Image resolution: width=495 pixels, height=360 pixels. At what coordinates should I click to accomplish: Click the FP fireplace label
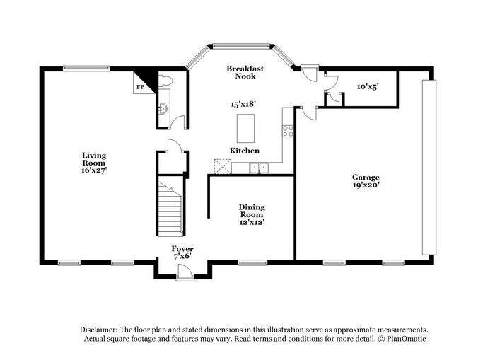140,87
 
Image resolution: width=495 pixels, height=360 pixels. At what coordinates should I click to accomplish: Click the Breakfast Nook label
245,72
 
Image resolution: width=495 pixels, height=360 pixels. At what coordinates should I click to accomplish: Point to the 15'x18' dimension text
243,103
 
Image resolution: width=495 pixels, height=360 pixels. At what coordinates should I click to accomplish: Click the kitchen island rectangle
245,128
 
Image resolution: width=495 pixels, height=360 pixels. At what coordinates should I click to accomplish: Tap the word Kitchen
244,151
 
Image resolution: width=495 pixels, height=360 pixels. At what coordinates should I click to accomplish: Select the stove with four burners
288,131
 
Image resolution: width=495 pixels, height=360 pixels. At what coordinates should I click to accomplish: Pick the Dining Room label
250,210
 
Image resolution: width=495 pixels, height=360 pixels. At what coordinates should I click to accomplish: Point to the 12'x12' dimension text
250,222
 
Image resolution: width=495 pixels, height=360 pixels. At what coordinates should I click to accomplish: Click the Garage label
366,177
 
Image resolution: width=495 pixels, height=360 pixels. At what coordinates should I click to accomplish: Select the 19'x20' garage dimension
366,186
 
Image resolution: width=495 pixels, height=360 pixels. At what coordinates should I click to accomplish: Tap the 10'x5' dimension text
368,86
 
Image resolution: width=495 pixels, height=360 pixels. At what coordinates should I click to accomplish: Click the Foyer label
182,249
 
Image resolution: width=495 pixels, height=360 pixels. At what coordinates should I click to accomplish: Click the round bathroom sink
162,108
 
